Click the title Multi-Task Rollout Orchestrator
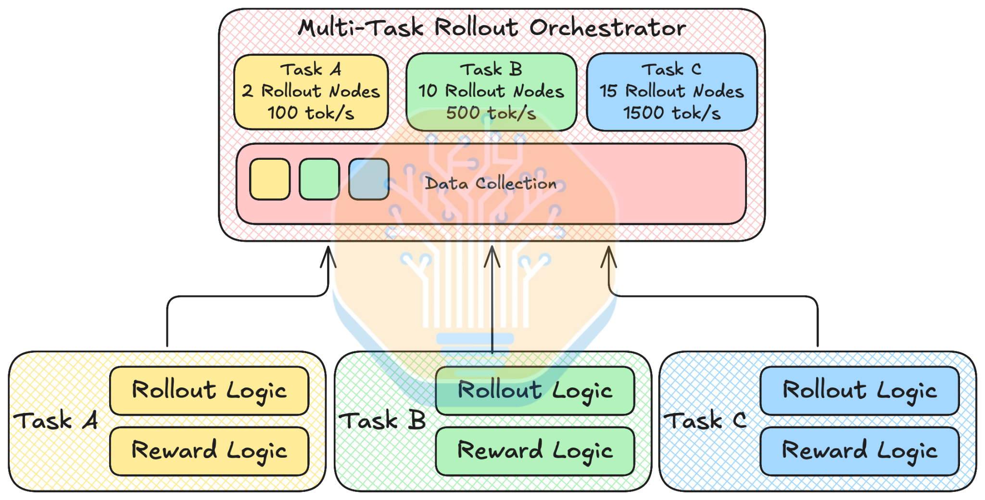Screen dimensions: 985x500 492,27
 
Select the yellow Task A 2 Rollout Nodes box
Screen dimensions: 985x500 311,92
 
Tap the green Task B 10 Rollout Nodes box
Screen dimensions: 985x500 491,92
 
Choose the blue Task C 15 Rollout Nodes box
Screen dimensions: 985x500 672,92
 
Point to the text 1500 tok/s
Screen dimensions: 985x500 672,113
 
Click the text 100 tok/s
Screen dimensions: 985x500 311,113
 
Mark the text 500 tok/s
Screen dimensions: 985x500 491,113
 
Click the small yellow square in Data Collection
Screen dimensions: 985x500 270,179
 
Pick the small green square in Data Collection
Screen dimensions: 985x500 319,179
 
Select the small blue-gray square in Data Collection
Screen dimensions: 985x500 369,179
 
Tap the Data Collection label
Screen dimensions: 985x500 491,183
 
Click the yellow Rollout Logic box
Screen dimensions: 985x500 209,391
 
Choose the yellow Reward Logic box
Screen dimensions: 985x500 209,451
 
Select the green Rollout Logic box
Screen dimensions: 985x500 535,391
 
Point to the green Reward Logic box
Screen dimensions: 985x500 535,451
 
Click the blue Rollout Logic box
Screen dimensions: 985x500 860,391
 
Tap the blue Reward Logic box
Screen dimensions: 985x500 860,451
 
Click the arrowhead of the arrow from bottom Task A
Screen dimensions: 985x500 328,248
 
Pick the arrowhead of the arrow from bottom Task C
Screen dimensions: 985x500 609,248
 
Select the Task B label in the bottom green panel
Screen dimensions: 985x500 382,421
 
